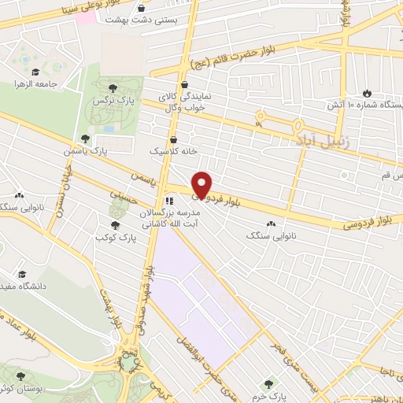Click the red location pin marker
pos(202,184)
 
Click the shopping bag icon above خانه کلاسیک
pos(184,141)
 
